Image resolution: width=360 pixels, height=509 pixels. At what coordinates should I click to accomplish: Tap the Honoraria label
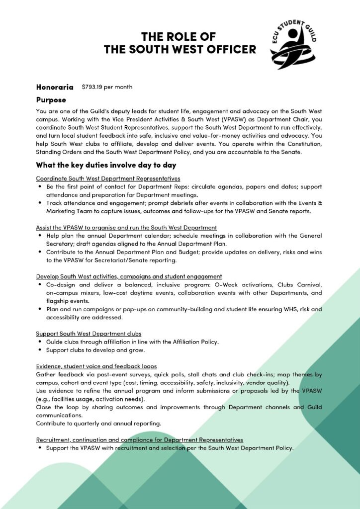tap(55, 87)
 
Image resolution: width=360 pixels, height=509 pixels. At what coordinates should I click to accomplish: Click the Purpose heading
tap(51, 99)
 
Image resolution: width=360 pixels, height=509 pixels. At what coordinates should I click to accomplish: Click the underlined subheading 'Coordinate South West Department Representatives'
tap(108, 178)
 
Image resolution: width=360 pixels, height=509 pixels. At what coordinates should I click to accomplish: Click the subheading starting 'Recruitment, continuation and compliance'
tap(139, 440)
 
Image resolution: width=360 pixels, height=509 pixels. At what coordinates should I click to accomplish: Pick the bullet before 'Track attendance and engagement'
tap(39, 203)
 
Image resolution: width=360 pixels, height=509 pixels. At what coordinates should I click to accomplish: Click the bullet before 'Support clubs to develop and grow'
tap(39, 350)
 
